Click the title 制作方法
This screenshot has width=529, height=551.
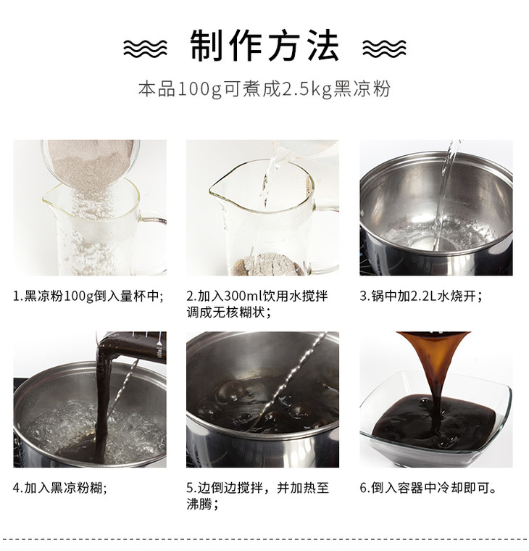pos(264,46)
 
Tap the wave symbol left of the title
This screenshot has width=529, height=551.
pos(145,48)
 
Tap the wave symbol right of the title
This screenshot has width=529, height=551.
pos(384,48)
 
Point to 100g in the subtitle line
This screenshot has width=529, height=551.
pos(199,89)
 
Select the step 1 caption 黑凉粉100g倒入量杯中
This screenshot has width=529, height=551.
pos(92,297)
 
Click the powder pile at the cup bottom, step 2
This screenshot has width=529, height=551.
pos(267,264)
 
